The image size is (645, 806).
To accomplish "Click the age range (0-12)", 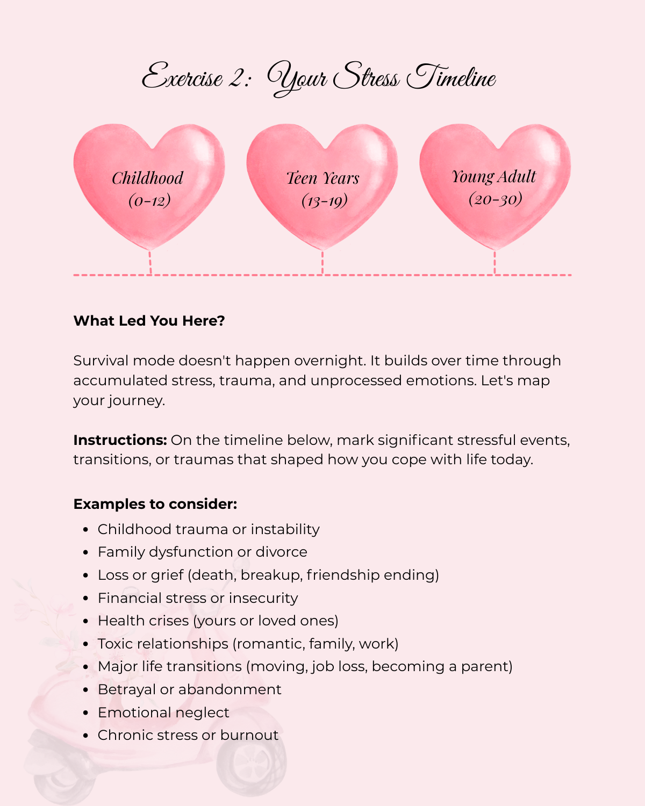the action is (x=149, y=200).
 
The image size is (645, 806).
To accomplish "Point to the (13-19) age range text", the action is (x=324, y=200).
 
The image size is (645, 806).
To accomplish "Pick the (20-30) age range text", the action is (x=495, y=199).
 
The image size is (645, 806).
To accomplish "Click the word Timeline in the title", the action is (x=451, y=78).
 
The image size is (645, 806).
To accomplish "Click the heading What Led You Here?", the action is (x=149, y=321).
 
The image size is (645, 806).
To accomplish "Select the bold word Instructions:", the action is (x=120, y=440).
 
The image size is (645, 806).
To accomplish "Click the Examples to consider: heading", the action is (x=155, y=504).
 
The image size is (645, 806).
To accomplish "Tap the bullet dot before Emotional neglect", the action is (x=85, y=713).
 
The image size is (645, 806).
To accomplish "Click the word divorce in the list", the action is (x=281, y=552).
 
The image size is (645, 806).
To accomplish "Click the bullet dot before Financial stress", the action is (x=85, y=599).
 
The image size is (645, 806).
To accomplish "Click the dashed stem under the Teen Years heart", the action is (x=322, y=262).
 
